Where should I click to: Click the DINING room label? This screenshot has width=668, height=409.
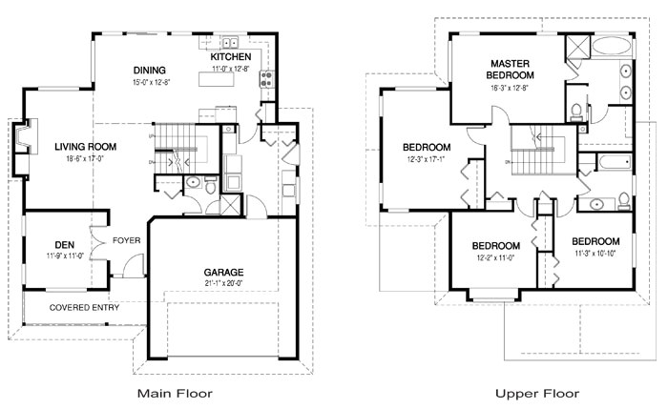150,70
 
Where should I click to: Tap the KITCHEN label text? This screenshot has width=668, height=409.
230,56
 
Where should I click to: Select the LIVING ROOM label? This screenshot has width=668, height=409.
85,146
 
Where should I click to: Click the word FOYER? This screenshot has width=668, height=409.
127,240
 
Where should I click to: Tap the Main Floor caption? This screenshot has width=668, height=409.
175,393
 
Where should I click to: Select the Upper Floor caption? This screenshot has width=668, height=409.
536,393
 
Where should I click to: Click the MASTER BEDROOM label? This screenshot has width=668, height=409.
510,68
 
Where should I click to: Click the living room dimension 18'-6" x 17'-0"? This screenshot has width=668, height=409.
85,159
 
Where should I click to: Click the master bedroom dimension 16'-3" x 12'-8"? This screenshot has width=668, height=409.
510,87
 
